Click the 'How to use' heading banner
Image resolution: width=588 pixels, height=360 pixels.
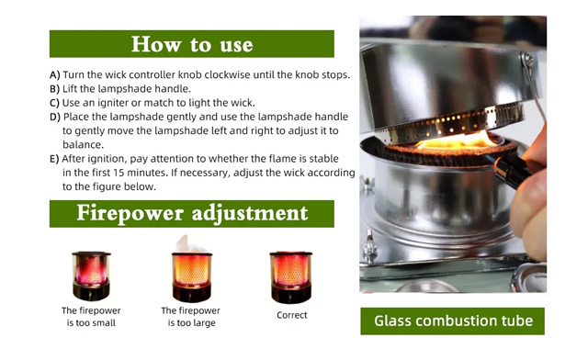coord(191,43)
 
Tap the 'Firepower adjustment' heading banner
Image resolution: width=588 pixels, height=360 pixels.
coord(191,214)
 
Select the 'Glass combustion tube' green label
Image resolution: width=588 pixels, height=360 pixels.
coord(452,321)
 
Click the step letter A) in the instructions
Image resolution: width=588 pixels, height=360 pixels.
coord(55,74)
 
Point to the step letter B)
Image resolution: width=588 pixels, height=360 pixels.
coord(55,89)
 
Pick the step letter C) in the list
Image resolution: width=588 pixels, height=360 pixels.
coord(55,103)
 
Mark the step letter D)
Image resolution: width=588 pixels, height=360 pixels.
coord(55,117)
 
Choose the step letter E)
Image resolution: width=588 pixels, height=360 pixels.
coord(55,158)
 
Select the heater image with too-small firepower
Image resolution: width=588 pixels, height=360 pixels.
coord(91,275)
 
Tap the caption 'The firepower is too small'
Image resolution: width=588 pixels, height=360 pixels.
coord(91,317)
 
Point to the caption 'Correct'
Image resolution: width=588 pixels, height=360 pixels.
coord(291,316)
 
